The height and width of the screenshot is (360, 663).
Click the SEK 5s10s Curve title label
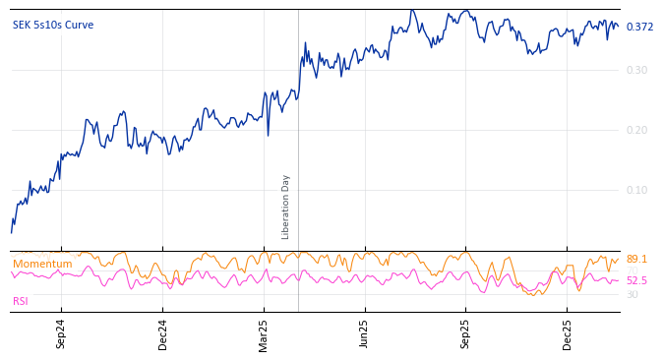click(53, 26)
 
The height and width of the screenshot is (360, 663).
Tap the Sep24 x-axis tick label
click(61, 334)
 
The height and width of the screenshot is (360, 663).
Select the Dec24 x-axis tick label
click(162, 334)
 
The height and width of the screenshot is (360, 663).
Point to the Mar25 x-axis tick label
click(264, 334)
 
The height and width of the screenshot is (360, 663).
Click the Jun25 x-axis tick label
click(364, 334)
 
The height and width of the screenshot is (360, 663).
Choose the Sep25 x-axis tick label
click(465, 334)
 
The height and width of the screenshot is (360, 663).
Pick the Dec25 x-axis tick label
click(567, 334)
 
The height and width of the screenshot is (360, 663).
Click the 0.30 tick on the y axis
click(636, 70)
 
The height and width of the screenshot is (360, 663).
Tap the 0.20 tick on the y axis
click(636, 130)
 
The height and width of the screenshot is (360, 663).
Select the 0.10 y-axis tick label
click(636, 190)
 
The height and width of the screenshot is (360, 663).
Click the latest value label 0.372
click(639, 27)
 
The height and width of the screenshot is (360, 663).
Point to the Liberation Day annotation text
click(286, 207)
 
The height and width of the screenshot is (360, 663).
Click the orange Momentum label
click(42, 265)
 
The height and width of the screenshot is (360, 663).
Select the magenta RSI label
click(20, 301)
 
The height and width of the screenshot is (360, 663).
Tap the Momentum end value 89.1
click(636, 260)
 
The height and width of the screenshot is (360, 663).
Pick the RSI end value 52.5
click(636, 281)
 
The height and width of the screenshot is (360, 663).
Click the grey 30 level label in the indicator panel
click(632, 294)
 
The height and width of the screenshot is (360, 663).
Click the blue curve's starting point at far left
click(11, 233)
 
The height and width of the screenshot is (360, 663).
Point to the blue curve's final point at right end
click(619, 26)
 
